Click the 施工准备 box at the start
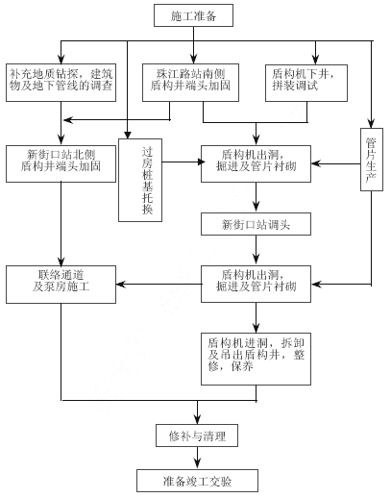pos(193,15)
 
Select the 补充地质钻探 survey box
pos(61,83)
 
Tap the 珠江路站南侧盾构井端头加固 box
pos(190,83)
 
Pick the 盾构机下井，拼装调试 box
pos(306,83)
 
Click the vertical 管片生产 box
pos(372,160)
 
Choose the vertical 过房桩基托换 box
pos(140,180)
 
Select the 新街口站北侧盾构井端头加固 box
pos(61,164)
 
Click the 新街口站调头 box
pos(256,224)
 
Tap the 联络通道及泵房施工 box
pos(61,285)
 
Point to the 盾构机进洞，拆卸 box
pos(256,359)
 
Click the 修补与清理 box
pos(197,436)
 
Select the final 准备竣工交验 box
pos(197,481)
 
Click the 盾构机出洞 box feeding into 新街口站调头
pos(256,164)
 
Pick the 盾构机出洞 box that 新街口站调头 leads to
pos(256,284)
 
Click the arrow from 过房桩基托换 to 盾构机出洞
pos(183,162)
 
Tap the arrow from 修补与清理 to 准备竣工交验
pos(197,458)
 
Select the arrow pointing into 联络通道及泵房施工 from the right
pos(159,285)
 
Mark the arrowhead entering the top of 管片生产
pos(372,123)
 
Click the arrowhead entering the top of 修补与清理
pos(197,419)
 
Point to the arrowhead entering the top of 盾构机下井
pos(316,60)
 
